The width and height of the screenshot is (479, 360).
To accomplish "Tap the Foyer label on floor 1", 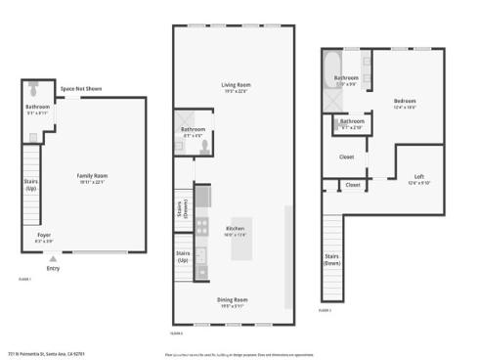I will (44, 235).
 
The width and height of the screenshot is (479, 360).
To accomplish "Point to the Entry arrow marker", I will (53, 259).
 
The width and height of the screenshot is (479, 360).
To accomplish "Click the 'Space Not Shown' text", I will (82, 89).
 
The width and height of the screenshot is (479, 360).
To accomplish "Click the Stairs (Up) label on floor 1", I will (30, 183).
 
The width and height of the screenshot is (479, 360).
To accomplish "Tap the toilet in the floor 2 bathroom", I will (204, 145).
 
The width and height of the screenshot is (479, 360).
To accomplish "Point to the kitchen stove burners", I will (201, 227).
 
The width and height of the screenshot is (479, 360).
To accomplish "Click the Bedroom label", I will (405, 100).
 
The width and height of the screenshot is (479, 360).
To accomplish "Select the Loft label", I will (418, 176).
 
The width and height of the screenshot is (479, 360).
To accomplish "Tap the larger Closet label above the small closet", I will (346, 156).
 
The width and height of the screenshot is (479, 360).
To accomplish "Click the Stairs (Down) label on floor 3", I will (332, 259).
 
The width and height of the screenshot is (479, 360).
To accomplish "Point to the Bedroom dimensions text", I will (405, 106).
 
